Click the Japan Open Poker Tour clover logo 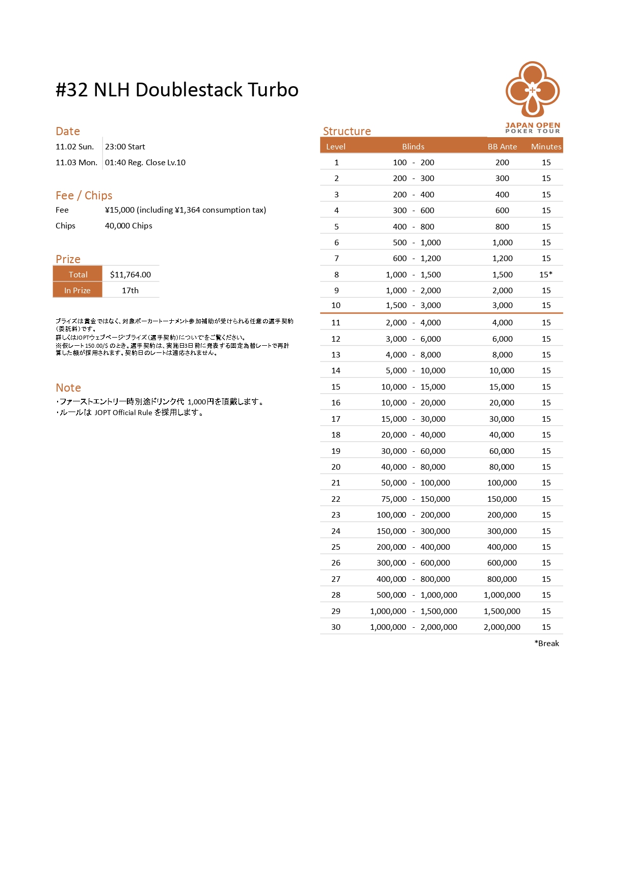point(533,90)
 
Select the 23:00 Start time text point(125,147)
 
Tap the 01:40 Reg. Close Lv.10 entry point(145,163)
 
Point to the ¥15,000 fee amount point(120,210)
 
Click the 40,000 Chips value point(128,226)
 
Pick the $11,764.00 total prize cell point(130,274)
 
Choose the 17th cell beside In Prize point(130,290)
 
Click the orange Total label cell point(78,274)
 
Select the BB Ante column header point(502,147)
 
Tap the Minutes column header point(546,147)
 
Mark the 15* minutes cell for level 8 point(546,274)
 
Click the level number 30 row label point(336,627)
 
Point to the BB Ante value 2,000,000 point(502,627)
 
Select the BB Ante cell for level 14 point(502,371)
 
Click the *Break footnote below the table point(546,644)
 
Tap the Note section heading point(68,388)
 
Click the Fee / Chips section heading point(84,195)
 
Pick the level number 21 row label point(336,483)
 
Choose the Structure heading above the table point(347,131)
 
